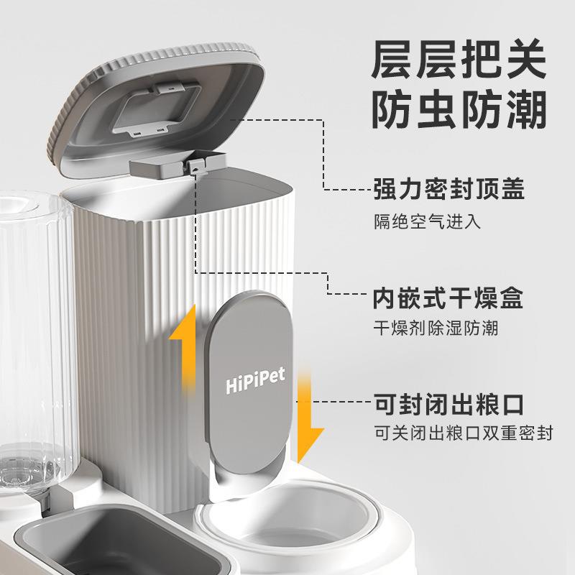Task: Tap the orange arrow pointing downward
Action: click(310, 417)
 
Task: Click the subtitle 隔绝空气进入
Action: click(426, 220)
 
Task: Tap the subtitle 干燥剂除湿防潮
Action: click(435, 328)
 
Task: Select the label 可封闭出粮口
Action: click(458, 405)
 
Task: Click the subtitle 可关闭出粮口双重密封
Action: click(463, 435)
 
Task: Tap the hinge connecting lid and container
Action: click(192, 166)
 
